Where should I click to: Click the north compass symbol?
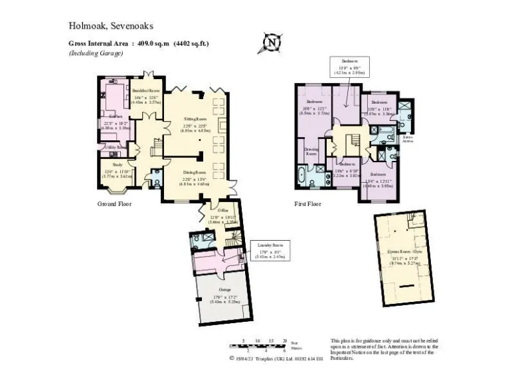tap(272, 43)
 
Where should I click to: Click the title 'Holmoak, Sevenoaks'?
tap(111, 26)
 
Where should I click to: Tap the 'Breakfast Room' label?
tap(146, 90)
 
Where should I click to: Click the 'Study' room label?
tap(117, 164)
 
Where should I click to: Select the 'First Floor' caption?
tap(309, 204)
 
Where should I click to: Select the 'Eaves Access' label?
tap(408, 140)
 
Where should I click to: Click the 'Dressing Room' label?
tap(311, 152)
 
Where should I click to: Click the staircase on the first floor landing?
tap(354, 140)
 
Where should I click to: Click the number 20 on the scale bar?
tap(284, 340)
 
